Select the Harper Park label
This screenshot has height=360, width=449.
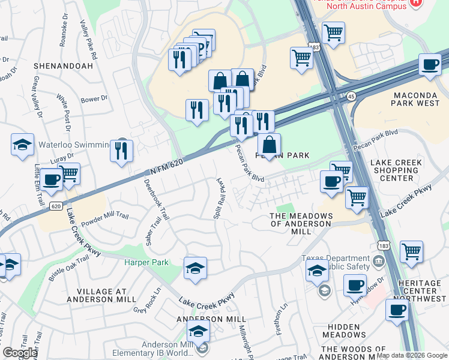coord(146,262)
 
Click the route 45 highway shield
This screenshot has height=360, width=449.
coord(351,96)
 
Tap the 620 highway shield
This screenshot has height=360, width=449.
coord(56,206)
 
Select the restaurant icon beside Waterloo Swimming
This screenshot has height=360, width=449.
coord(122,151)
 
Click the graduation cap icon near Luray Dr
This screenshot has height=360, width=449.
coord(22,145)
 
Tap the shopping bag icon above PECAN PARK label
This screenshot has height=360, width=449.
coord(270,144)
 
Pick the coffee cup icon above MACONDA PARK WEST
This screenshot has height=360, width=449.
coord(430,65)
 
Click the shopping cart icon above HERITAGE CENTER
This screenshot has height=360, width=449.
coord(411,251)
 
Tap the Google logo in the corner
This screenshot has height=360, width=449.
coord(20,353)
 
